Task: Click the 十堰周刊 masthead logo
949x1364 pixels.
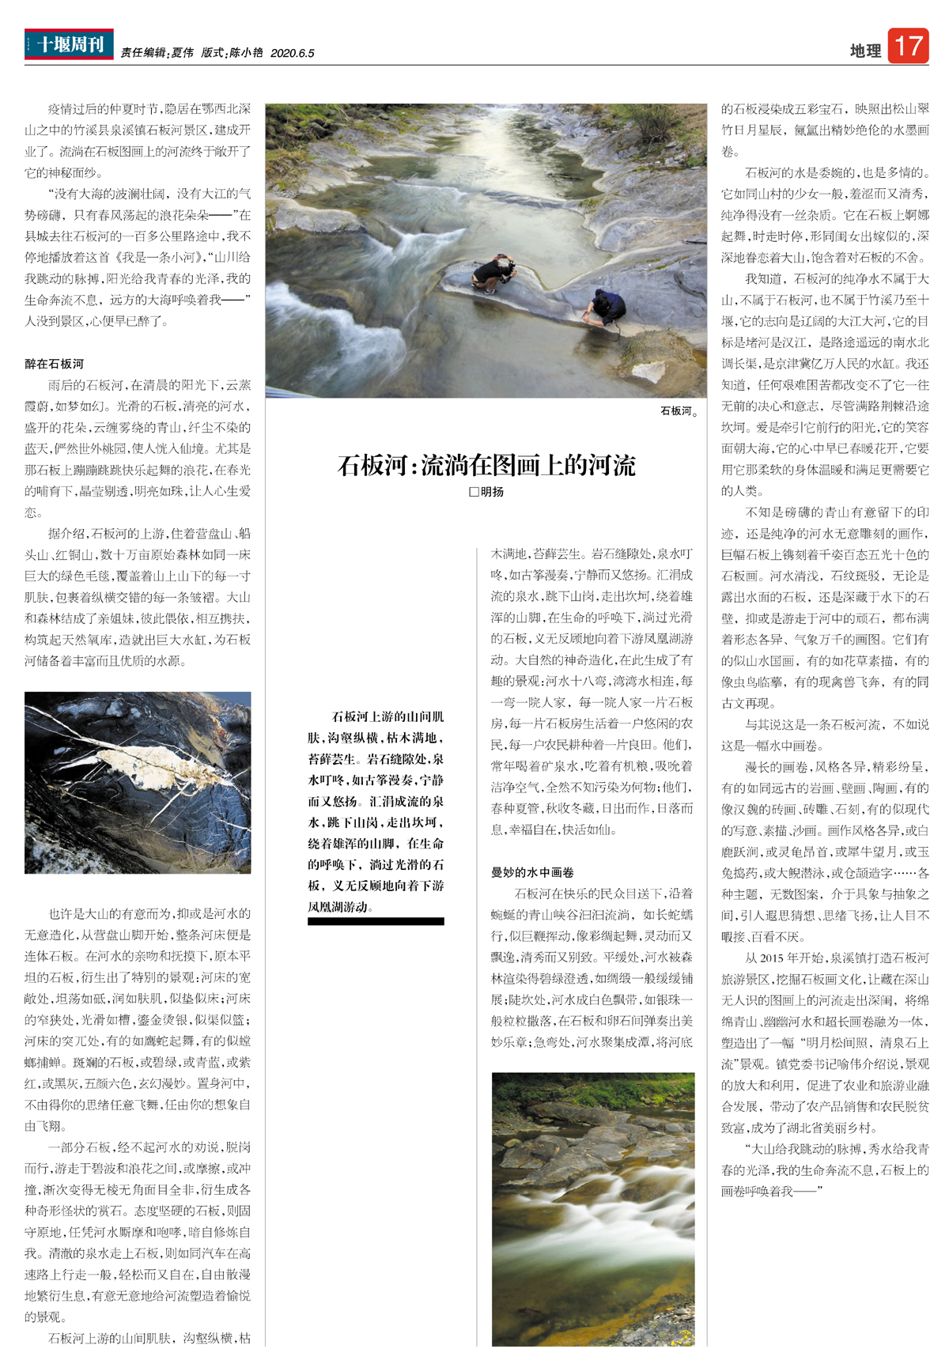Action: [x=69, y=44]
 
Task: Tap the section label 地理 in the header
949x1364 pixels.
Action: [x=865, y=51]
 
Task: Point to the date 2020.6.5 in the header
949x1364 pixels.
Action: [x=292, y=53]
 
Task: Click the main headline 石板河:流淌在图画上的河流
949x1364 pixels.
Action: [x=486, y=465]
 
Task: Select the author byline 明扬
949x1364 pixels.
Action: [x=492, y=492]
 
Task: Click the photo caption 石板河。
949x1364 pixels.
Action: [x=679, y=411]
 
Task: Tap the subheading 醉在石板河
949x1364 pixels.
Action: [x=54, y=364]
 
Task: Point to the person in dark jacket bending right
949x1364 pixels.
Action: [x=607, y=307]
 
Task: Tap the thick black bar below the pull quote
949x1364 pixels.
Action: [x=376, y=921]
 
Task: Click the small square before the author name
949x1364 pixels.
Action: [x=474, y=492]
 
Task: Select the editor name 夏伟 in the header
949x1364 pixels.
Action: [x=182, y=53]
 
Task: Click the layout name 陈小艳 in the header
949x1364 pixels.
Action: [x=246, y=53]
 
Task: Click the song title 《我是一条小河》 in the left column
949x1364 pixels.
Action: [x=153, y=257]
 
